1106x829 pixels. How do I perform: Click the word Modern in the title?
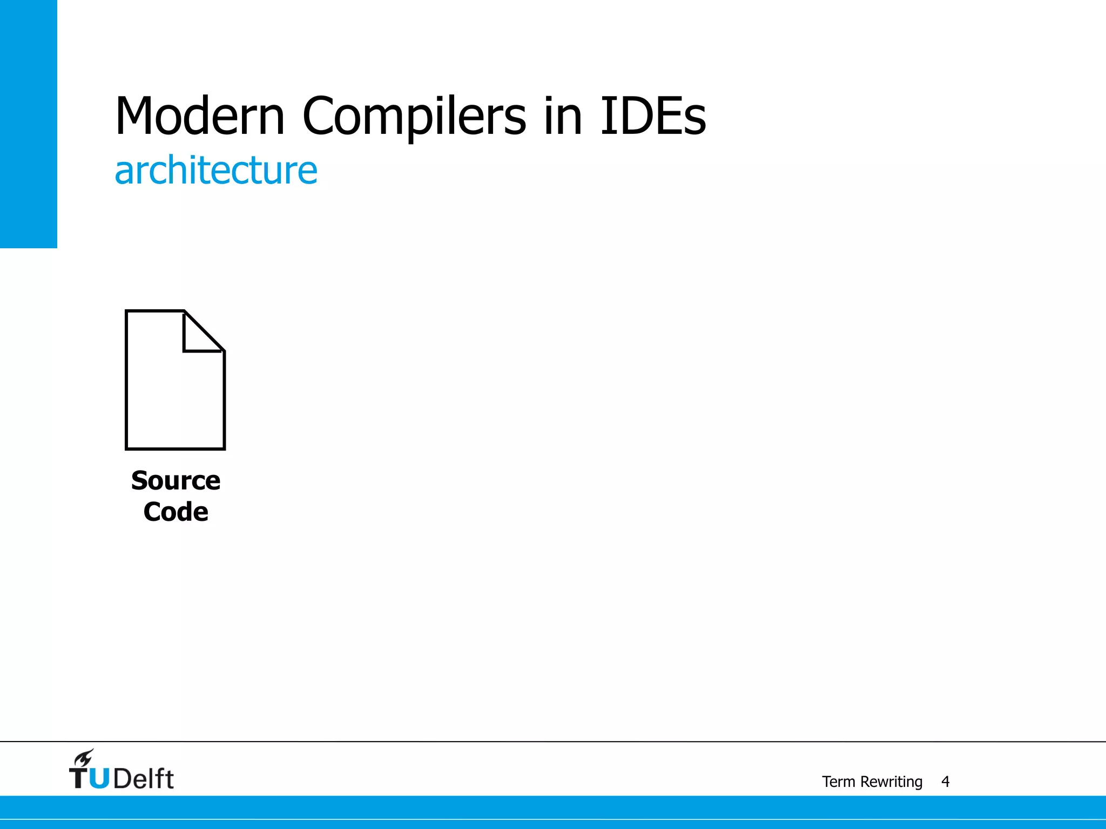[x=200, y=116]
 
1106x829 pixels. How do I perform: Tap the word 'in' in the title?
[x=563, y=116]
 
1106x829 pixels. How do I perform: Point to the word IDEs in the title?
[x=653, y=116]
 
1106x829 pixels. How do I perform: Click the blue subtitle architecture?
[x=216, y=171]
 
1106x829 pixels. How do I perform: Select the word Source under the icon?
[x=176, y=480]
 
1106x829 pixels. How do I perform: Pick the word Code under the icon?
[x=176, y=512]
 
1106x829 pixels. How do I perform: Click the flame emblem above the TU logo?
[x=84, y=758]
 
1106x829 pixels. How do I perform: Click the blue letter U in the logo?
[x=99, y=778]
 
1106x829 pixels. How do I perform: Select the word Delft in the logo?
[x=144, y=778]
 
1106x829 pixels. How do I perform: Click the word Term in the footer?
[x=838, y=782]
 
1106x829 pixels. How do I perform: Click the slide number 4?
[x=945, y=782]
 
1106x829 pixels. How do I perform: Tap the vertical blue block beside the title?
[x=28, y=124]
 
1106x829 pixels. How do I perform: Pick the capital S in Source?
[x=140, y=480]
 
